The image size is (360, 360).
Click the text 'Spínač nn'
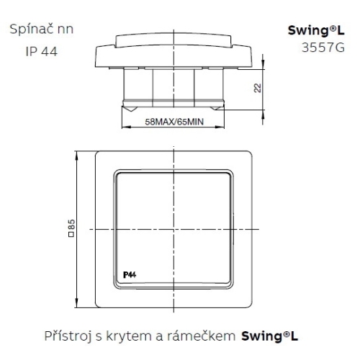42,30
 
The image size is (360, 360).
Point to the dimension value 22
257,88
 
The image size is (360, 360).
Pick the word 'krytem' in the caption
130,336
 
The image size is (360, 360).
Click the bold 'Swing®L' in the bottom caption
269,336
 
